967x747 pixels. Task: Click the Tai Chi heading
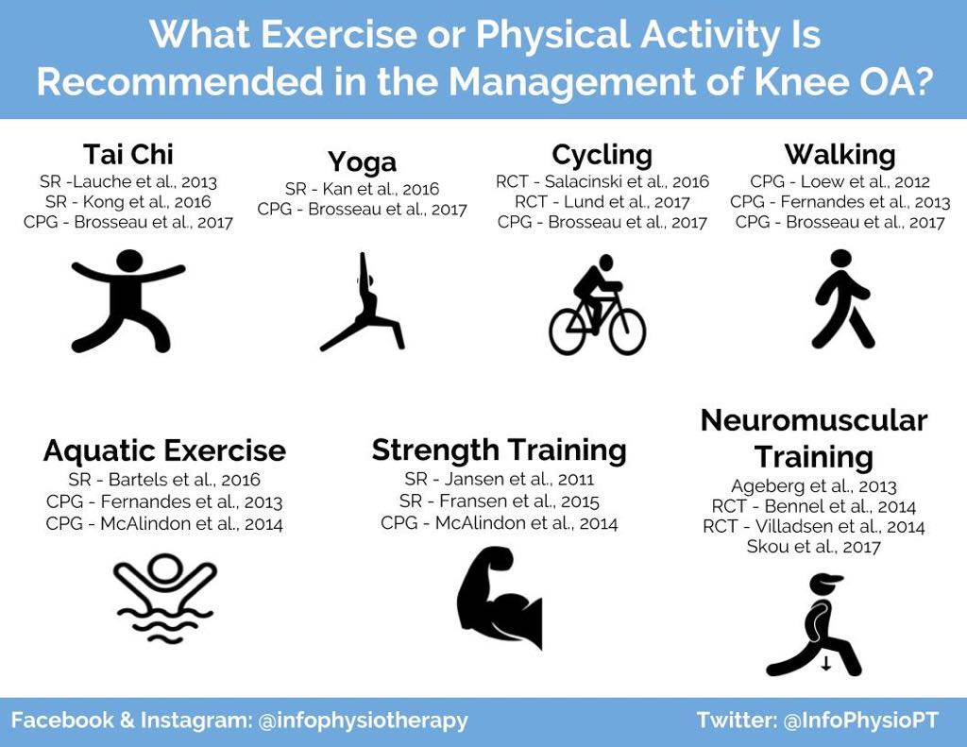click(128, 154)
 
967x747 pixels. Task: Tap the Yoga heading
click(362, 161)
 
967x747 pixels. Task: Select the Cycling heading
click(602, 155)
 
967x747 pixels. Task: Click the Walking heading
click(840, 154)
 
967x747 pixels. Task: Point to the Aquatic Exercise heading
click(164, 450)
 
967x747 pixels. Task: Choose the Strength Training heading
click(499, 450)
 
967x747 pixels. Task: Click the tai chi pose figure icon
click(128, 300)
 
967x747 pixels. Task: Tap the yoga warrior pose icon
click(362, 301)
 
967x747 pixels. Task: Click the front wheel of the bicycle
click(628, 331)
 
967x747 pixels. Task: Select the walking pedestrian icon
click(842, 298)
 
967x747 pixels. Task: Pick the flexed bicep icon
click(499, 597)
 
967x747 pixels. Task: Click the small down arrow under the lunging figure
click(826, 664)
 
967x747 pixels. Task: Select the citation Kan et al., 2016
click(381, 189)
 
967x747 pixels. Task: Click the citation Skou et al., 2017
click(813, 547)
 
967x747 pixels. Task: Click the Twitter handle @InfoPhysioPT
click(861, 721)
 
